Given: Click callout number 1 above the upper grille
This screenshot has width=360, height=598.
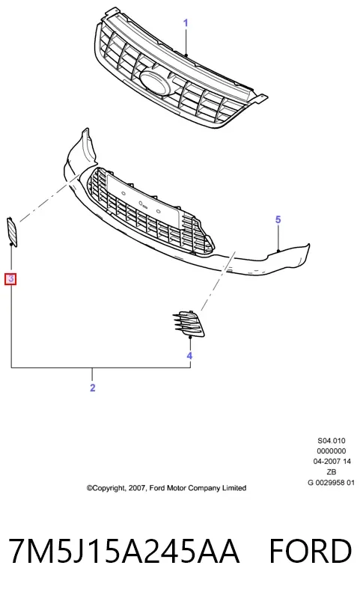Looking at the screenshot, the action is [186, 23].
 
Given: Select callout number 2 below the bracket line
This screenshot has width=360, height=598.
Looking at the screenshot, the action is [93, 388].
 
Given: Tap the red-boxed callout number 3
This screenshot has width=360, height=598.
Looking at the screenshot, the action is [10, 278].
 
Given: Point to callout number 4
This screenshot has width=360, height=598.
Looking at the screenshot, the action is [189, 356].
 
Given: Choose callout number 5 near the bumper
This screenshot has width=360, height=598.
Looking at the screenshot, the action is [278, 220].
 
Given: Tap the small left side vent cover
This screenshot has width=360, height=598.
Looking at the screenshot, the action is [11, 231].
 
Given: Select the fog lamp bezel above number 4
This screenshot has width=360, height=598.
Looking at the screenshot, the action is [189, 324].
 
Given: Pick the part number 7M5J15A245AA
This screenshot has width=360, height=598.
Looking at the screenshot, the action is [124, 551].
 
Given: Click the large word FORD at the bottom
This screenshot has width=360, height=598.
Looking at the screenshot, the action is [311, 551].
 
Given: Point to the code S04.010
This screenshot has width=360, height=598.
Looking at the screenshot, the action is [332, 441].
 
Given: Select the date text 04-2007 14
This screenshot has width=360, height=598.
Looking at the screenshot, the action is [332, 462].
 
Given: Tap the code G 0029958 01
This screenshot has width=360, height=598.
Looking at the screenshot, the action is [331, 483].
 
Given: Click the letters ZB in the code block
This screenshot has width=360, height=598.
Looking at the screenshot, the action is [332, 472].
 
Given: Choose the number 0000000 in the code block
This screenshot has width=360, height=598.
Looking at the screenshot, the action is [332, 451].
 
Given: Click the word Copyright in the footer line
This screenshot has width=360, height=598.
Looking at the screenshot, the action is [106, 488].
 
